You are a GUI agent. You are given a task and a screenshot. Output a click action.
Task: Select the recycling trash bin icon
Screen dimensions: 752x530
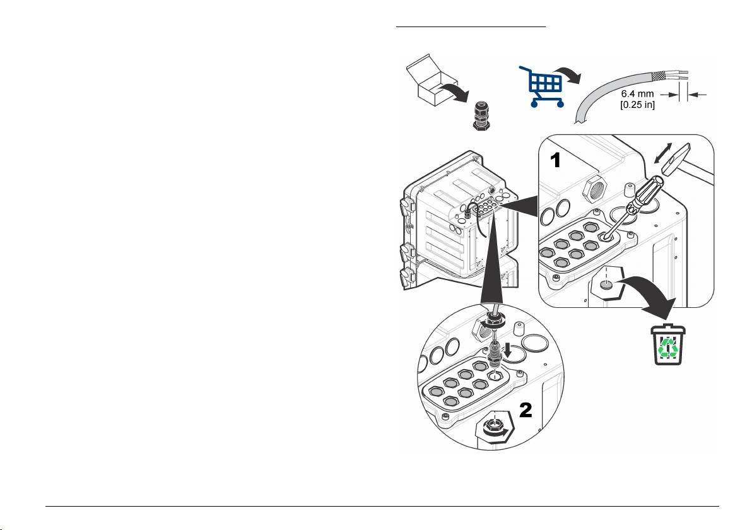coord(667,344)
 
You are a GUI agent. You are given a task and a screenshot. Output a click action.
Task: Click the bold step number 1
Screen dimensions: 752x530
coord(555,160)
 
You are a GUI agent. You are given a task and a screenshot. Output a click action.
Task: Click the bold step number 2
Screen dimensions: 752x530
coord(526,409)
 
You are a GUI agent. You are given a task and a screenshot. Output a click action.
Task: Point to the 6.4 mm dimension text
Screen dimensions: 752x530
coord(637,94)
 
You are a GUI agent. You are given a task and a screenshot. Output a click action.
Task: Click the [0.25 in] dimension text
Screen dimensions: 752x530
coord(637,105)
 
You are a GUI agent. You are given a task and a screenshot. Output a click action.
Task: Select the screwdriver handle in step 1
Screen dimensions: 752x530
coord(645,194)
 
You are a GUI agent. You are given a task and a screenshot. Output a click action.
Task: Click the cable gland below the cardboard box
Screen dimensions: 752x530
coord(481,115)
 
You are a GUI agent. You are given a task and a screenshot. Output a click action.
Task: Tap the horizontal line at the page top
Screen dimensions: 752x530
coord(471,27)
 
